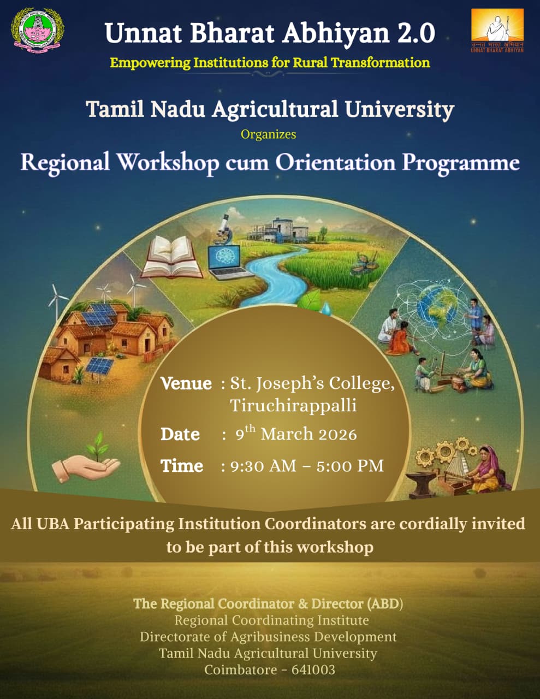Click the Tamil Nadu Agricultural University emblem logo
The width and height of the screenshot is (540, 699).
point(38,31)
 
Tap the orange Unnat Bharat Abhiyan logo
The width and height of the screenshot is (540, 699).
point(497,31)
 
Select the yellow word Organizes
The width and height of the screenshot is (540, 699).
point(268,134)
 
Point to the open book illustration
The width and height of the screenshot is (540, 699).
point(172,257)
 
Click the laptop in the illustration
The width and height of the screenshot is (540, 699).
point(227,263)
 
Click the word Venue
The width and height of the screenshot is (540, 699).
point(186,383)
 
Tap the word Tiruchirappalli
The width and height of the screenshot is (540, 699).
point(293,405)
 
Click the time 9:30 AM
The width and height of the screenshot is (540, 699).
point(263,466)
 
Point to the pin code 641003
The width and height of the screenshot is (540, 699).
point(313,670)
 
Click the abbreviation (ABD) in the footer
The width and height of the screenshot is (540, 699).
point(385,604)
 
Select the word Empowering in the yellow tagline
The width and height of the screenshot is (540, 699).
point(150,63)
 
